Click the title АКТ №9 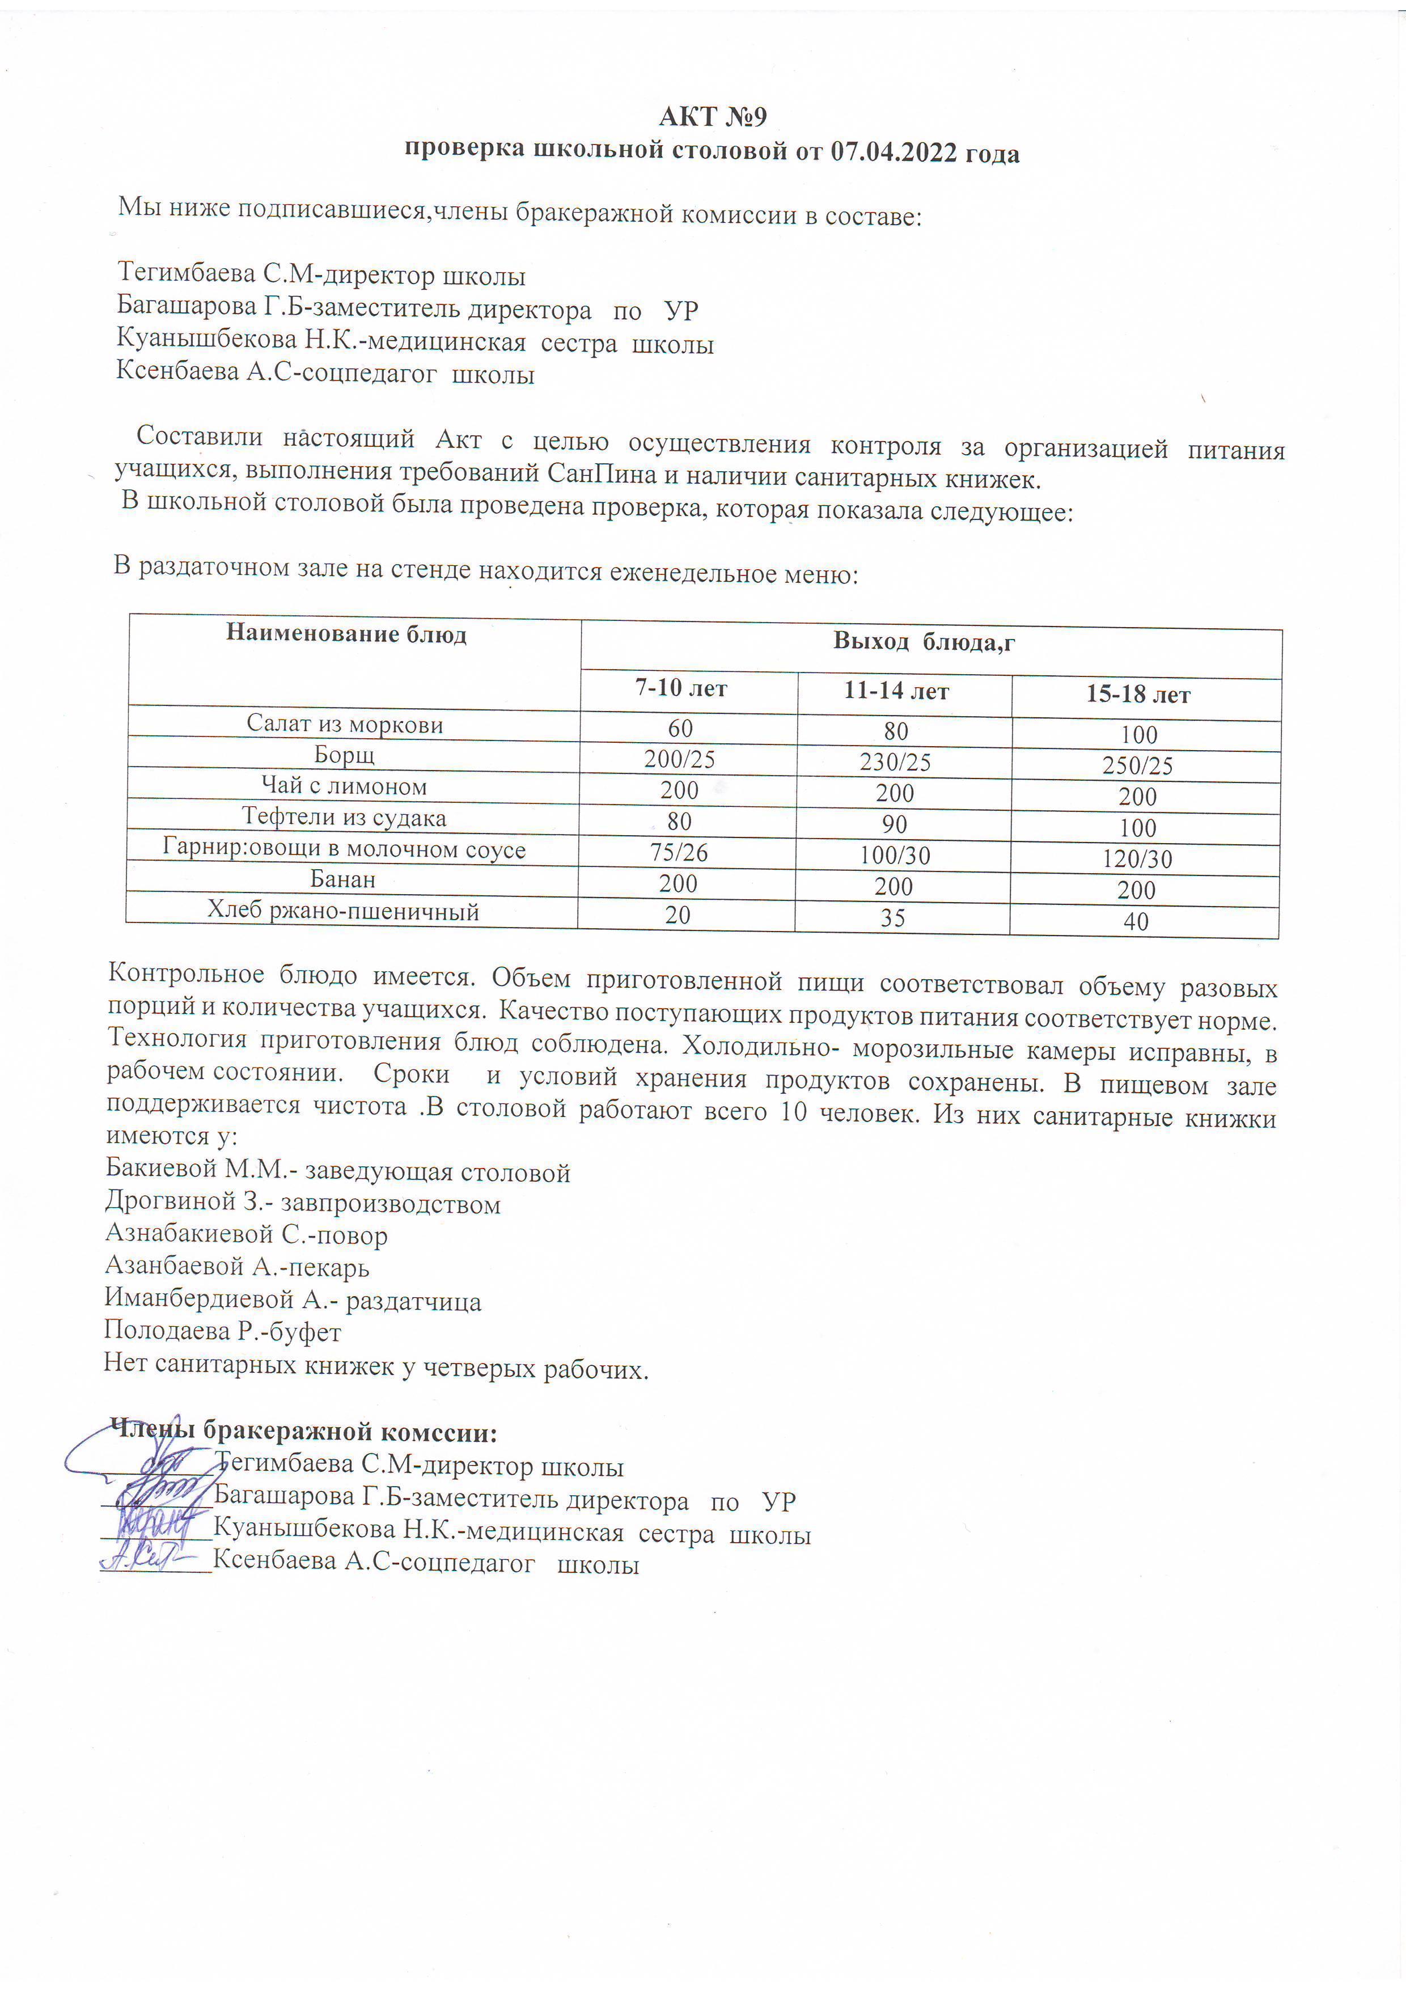click(x=712, y=116)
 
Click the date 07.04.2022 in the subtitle click(x=893, y=153)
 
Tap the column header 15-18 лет click(x=1138, y=695)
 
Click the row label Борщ click(x=344, y=755)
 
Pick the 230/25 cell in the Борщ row click(x=895, y=763)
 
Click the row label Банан click(x=343, y=880)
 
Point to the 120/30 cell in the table click(x=1137, y=860)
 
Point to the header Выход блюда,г click(x=924, y=642)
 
